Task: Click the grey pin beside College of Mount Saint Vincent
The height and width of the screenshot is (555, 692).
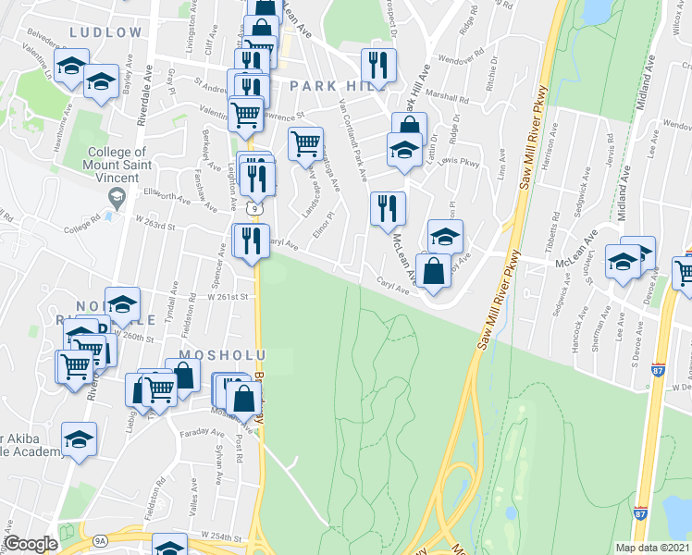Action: pyautogui.click(x=117, y=197)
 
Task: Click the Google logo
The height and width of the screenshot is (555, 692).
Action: pyautogui.click(x=31, y=544)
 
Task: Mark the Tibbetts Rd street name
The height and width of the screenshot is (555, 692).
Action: pyautogui.click(x=556, y=235)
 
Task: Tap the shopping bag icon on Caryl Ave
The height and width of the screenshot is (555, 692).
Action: pyautogui.click(x=433, y=271)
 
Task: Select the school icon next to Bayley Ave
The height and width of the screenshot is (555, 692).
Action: pyautogui.click(x=101, y=81)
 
